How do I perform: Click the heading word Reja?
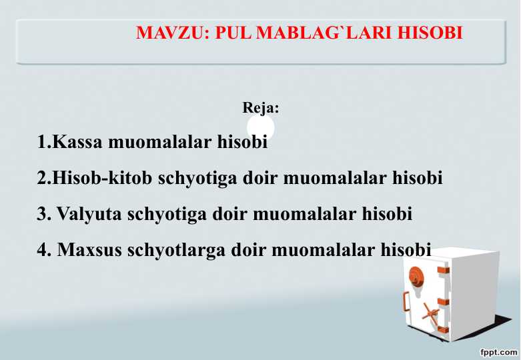(x=261, y=107)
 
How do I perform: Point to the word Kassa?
(x=77, y=141)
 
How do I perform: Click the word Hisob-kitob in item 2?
(x=102, y=177)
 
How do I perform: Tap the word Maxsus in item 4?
(x=89, y=249)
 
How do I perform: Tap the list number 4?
(x=43, y=249)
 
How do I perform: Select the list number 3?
(x=43, y=213)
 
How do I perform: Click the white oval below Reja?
(x=261, y=127)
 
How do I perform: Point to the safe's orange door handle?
(x=406, y=301)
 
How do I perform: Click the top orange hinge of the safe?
(x=443, y=270)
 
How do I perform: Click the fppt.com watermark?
(x=499, y=352)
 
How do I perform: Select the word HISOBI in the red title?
(x=430, y=33)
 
